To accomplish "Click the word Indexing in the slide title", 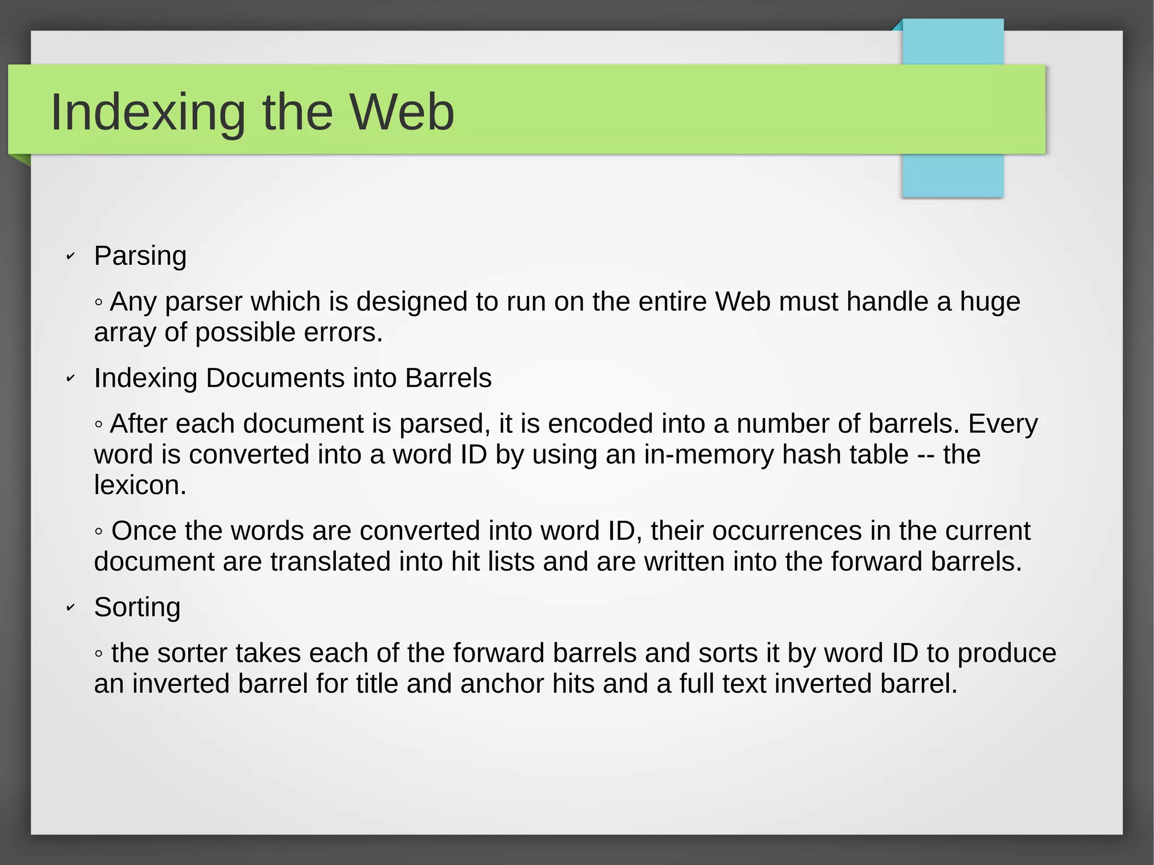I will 148,112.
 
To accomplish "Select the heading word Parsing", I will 140,256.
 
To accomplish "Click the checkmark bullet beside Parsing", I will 70,257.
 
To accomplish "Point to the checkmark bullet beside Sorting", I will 70,608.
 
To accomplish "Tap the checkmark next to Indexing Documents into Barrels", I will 70,379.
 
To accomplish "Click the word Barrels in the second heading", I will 448,378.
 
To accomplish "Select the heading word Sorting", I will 137,607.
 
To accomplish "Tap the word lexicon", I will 140,485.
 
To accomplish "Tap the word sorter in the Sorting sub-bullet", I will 192,653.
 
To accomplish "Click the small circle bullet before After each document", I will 99,424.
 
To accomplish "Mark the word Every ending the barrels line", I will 1002,424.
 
